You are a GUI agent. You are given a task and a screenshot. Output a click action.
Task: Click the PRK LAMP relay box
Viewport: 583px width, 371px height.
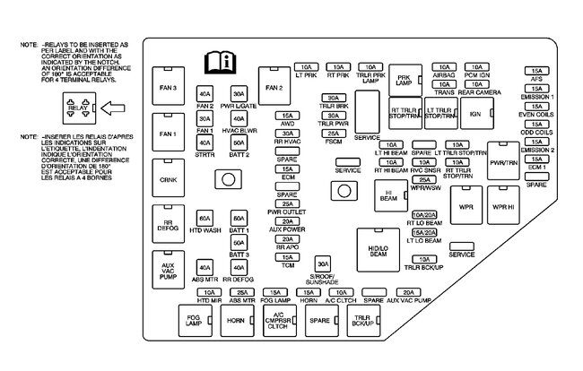pos(404,80)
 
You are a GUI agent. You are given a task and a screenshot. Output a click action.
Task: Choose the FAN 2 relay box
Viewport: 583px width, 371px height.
pos(274,88)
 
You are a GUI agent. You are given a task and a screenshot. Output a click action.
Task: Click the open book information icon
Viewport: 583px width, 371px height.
pos(220,63)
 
